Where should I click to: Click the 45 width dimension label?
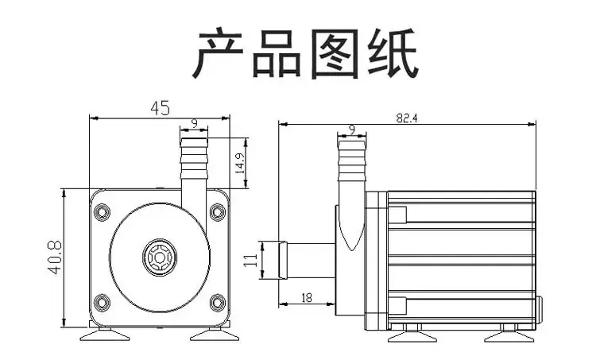(x=160, y=108)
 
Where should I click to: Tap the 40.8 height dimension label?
(x=55, y=257)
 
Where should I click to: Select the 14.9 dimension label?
(x=240, y=163)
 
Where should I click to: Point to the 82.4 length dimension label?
(x=407, y=118)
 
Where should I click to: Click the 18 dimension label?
(x=307, y=298)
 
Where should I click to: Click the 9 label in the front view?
(x=194, y=123)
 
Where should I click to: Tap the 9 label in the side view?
(x=352, y=130)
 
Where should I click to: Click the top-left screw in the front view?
(x=102, y=212)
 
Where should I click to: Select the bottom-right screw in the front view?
(x=218, y=303)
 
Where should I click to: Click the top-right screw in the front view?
(x=218, y=212)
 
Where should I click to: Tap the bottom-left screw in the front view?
(x=102, y=303)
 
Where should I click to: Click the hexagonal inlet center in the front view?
(x=160, y=257)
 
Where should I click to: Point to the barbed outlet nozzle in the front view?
(x=194, y=159)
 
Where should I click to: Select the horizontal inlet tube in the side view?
(x=307, y=261)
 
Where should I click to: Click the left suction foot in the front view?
(x=105, y=335)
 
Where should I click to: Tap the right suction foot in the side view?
(x=509, y=335)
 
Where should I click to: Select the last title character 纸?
(x=393, y=53)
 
